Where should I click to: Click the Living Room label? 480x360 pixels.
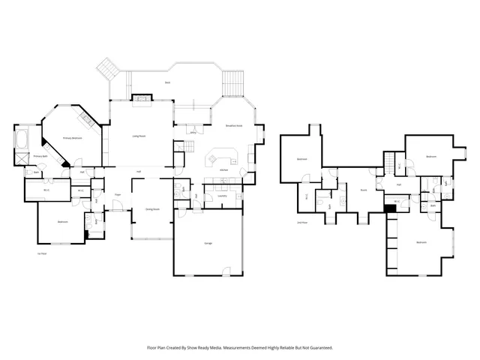point(139,136)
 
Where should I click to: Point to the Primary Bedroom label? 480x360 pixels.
point(72,139)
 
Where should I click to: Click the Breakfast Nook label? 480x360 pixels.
point(234,126)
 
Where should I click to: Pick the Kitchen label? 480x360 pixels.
point(223,170)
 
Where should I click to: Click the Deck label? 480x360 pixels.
point(168,82)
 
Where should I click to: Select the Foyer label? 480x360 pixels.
point(118,195)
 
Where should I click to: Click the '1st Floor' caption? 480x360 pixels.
point(42,253)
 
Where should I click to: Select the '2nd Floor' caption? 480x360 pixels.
point(302,223)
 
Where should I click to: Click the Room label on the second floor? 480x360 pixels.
point(363,190)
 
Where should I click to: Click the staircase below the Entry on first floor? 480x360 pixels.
point(178,159)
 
